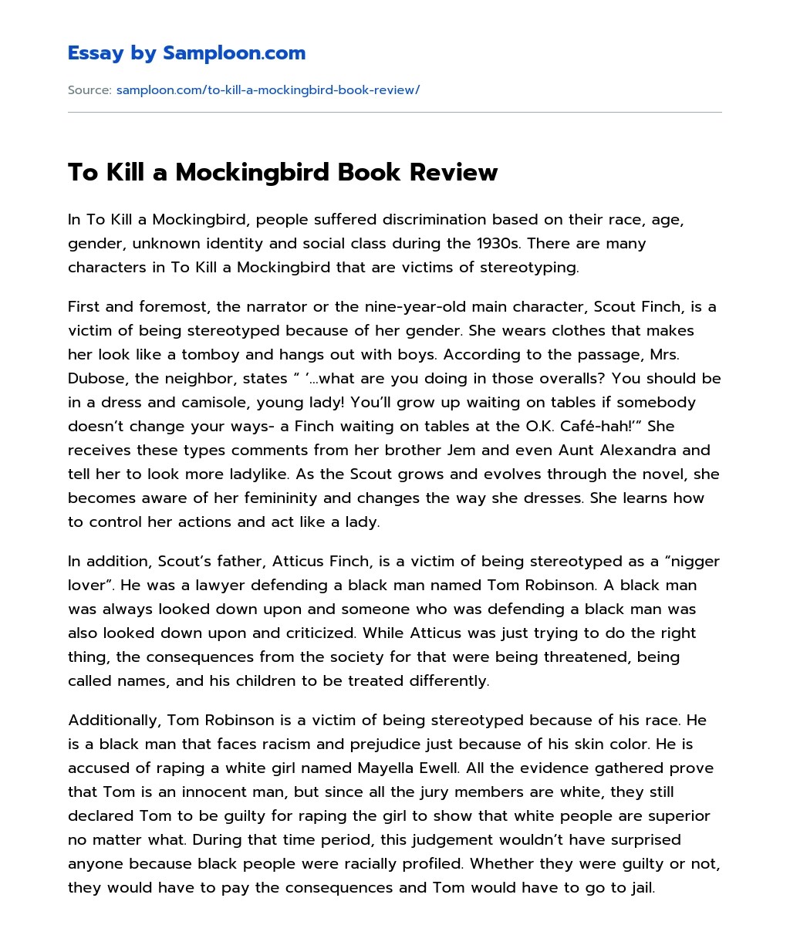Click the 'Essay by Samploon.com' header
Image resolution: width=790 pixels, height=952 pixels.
coord(187,53)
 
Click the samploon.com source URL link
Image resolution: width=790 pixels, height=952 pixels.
coord(268,90)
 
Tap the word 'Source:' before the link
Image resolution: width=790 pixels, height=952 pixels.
coord(89,90)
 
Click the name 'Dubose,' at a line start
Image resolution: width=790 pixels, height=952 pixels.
coord(94,379)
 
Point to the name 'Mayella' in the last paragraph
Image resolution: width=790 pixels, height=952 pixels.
coord(387,768)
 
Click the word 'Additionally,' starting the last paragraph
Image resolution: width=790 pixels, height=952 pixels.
coord(114,721)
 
